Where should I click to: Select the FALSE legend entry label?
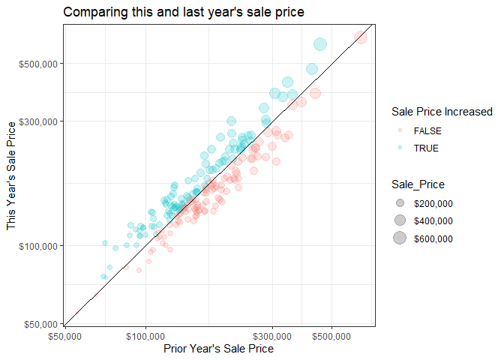coord(428,130)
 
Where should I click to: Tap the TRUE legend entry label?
coord(426,148)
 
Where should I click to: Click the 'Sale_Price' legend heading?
coord(418,184)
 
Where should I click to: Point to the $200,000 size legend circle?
coord(400,203)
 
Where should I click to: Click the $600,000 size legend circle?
coord(400,239)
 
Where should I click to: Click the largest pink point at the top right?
coord(361,36)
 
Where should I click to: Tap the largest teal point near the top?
coord(320,45)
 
